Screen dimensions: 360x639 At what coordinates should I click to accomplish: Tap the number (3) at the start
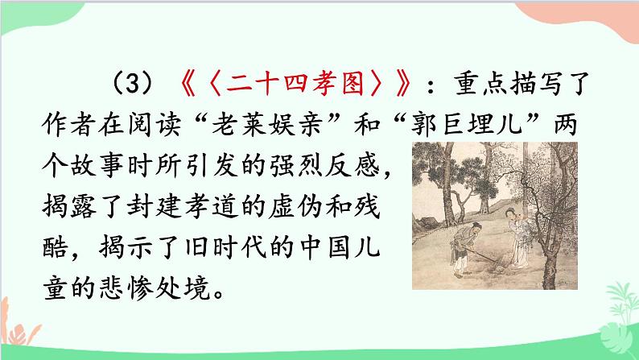click(x=134, y=83)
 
